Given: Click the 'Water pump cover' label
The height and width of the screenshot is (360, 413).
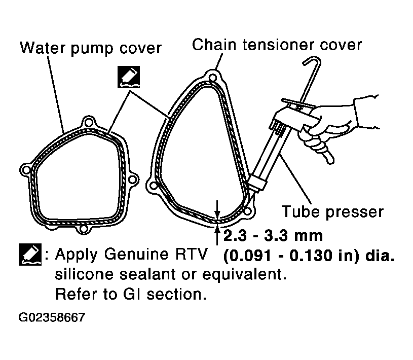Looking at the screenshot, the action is click(x=91, y=48).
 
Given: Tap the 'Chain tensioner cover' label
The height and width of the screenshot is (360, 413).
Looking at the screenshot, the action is click(x=277, y=45).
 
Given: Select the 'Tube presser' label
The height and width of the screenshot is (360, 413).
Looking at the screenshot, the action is click(x=332, y=211).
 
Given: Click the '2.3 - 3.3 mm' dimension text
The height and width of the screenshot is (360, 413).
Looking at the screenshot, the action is click(x=273, y=235).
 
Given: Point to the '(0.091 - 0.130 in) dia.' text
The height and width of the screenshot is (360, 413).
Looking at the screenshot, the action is click(x=309, y=256).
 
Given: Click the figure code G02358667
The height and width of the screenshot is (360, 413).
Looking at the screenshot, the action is click(x=52, y=317).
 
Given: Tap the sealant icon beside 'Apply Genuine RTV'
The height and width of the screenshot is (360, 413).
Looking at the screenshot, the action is click(x=30, y=255).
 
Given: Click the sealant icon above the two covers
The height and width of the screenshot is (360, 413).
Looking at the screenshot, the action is click(x=129, y=77).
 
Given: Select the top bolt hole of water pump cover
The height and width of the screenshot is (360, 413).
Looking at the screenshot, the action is click(x=89, y=123).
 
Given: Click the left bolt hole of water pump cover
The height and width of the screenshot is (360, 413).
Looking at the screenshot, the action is click(x=26, y=170).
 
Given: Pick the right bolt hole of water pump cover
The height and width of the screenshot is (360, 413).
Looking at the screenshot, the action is click(x=132, y=179).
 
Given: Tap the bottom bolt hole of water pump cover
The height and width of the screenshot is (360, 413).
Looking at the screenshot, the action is click(x=83, y=229).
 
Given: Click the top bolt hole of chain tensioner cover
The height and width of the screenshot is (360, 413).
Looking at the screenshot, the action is click(x=212, y=78).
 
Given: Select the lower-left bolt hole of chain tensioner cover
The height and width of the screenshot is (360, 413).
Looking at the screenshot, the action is click(x=154, y=186).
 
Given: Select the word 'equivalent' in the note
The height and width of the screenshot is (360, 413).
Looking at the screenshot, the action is click(x=244, y=274).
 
